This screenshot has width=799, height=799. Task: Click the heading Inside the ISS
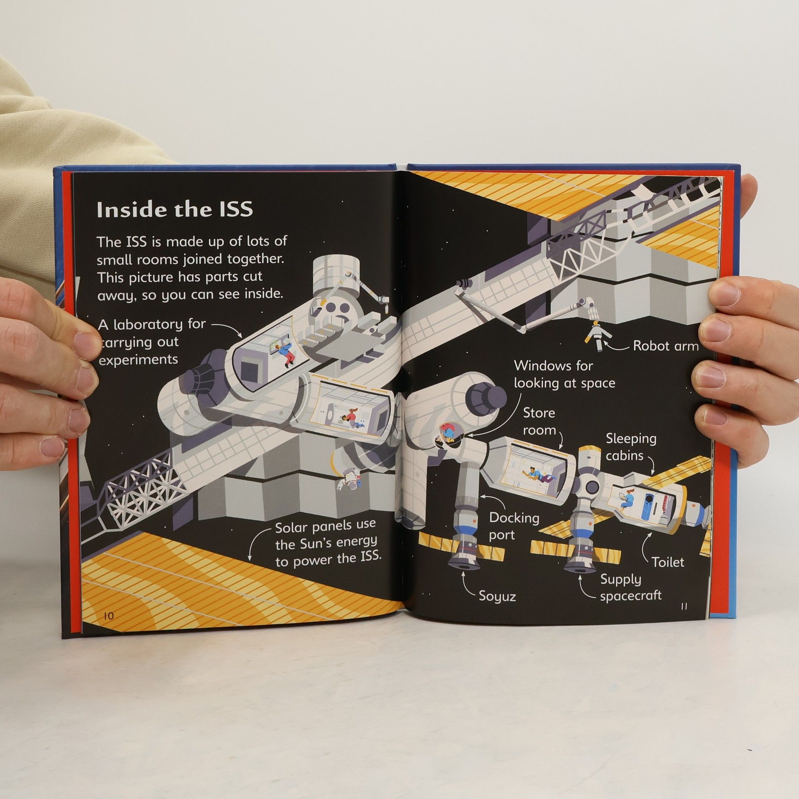tap(175, 209)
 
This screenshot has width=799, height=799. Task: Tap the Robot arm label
tap(666, 346)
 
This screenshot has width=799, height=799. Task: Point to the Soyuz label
tap(497, 597)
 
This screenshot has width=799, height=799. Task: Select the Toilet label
tap(668, 562)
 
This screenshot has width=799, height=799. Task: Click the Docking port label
tap(514, 526)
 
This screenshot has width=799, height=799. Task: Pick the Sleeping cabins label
tap(631, 447)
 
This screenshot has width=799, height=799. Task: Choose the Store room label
tap(539, 421)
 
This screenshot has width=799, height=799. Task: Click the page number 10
tap(108, 616)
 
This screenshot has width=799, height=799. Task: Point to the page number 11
tap(684, 606)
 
